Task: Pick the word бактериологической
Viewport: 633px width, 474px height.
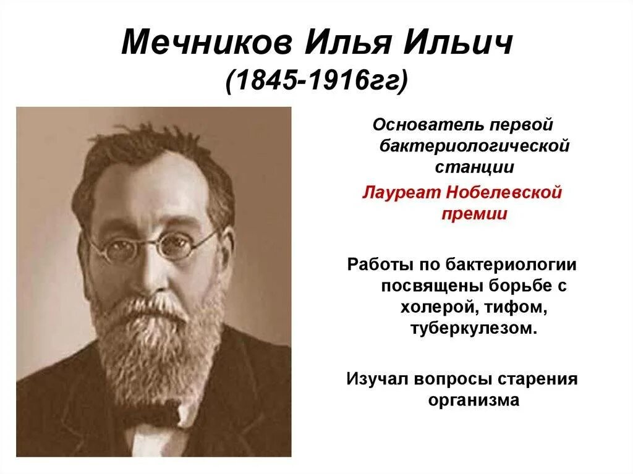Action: click(471, 146)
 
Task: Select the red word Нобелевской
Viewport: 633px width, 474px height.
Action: click(508, 193)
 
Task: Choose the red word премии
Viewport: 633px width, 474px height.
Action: click(474, 214)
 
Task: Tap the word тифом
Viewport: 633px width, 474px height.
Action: click(517, 307)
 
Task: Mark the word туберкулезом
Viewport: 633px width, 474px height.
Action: click(472, 328)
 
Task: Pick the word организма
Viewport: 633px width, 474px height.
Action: click(474, 400)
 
